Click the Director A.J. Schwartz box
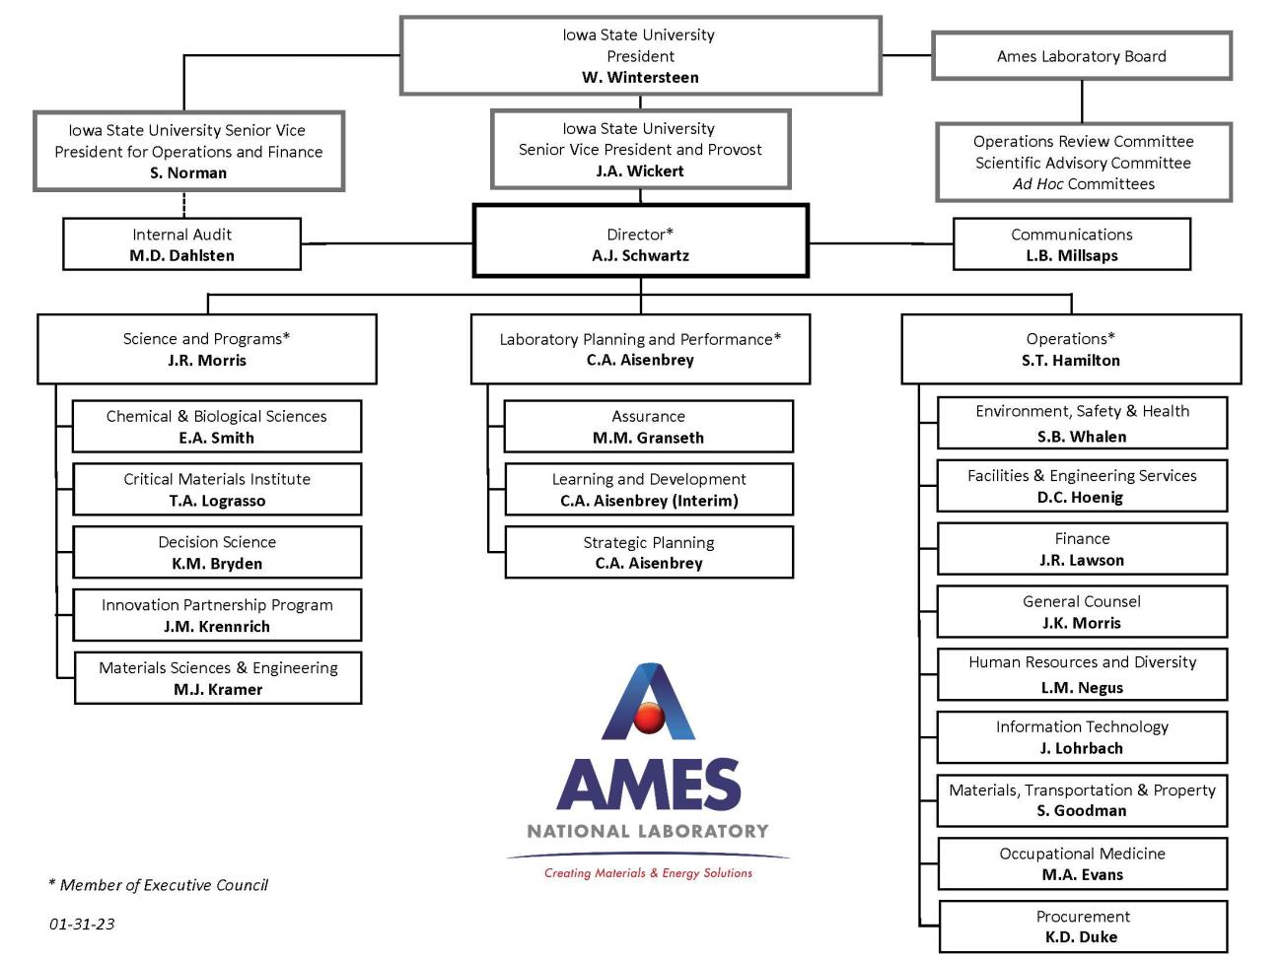[x=640, y=241]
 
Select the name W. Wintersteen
[x=640, y=77]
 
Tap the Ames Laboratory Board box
[x=1081, y=56]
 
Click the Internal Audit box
[x=181, y=244]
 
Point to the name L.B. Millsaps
[x=1071, y=255]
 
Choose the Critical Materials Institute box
[x=217, y=489]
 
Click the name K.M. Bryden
[x=217, y=564]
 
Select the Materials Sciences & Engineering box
[x=218, y=678]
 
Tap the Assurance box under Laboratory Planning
[x=648, y=426]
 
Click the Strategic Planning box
[x=648, y=552]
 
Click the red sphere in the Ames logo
[x=649, y=719]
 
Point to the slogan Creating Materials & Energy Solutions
[x=648, y=873]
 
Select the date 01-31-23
[x=82, y=924]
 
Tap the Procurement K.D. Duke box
[x=1082, y=927]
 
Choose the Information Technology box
[x=1082, y=737]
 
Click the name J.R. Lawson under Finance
[x=1081, y=560]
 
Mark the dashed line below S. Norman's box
[x=183, y=204]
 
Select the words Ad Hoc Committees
[x=1083, y=184]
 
